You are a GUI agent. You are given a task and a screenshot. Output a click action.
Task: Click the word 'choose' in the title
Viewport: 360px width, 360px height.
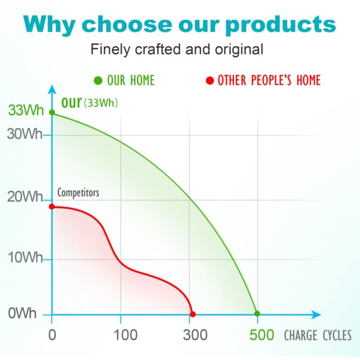pos(127,25)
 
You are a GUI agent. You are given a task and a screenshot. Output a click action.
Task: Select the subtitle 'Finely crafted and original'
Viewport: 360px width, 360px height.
pos(177,49)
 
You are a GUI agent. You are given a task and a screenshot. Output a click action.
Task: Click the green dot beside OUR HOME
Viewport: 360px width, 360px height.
pos(98,80)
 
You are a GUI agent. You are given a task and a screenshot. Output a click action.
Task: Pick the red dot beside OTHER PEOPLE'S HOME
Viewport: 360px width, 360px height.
pos(209,80)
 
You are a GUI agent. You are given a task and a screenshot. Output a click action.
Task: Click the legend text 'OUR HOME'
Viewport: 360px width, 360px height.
pos(130,80)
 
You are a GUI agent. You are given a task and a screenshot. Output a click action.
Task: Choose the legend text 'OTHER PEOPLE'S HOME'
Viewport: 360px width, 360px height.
pos(269,80)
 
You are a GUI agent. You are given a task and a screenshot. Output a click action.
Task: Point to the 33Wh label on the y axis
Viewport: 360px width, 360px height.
pos(23,111)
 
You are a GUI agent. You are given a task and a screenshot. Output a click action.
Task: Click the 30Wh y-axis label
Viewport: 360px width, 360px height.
pos(25,134)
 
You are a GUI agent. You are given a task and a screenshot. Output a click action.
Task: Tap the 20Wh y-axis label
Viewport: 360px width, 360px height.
pos(25,197)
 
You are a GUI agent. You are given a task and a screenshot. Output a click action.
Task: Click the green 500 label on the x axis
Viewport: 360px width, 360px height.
pos(262,335)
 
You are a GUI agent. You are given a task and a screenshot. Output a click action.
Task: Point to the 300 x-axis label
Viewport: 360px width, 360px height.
pos(192,335)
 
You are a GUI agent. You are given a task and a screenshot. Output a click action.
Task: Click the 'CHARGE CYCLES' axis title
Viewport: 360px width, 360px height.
pos(317,335)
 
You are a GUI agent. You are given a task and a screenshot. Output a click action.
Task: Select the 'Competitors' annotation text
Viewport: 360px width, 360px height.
pos(78,193)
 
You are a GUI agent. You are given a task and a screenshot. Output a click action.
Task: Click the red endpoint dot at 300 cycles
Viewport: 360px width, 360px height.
pos(193,314)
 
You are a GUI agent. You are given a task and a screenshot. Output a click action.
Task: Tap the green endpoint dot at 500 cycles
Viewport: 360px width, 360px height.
pos(257,313)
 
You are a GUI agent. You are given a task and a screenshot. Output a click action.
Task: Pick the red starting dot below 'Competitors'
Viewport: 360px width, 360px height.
pos(52,207)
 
